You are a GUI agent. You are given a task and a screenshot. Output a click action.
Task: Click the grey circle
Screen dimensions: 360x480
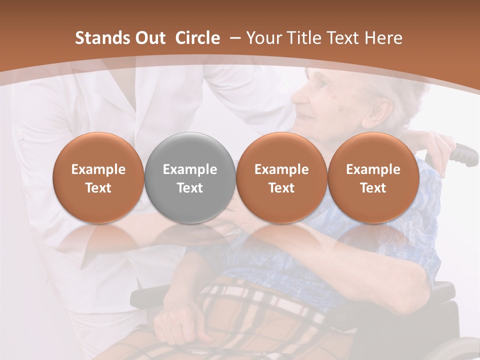pyautogui.click(x=190, y=178)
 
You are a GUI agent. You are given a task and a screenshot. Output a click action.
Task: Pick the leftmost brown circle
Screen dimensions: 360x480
pyautogui.click(x=98, y=178)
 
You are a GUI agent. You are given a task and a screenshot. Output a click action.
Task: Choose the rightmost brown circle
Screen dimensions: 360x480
pyautogui.click(x=373, y=178)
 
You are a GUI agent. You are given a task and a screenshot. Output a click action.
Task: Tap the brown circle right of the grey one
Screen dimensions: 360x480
pyautogui.click(x=281, y=178)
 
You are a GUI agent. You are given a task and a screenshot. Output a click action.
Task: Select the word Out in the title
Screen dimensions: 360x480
pyautogui.click(x=149, y=38)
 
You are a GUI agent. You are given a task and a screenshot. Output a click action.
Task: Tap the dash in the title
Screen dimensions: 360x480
pyautogui.click(x=234, y=38)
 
